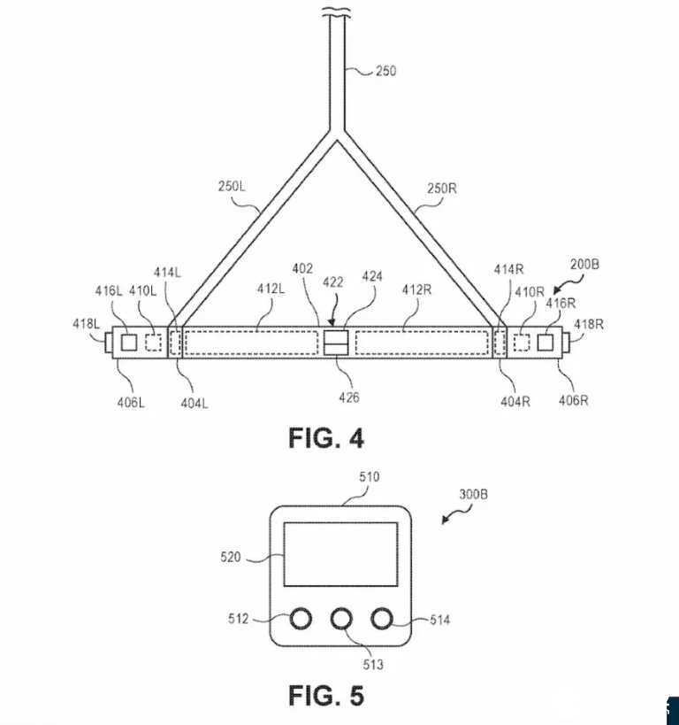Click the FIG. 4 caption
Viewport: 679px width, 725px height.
click(x=325, y=438)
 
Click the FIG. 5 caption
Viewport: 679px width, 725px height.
click(x=325, y=696)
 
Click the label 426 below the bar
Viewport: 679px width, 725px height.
click(x=348, y=397)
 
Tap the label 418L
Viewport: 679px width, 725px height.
click(x=86, y=324)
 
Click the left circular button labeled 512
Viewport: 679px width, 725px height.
click(x=301, y=620)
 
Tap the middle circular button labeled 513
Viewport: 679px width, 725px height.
click(x=341, y=620)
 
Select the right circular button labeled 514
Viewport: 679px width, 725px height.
click(x=382, y=620)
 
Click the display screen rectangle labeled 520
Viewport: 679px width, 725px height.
click(x=340, y=554)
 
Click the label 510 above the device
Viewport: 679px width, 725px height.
click(x=369, y=476)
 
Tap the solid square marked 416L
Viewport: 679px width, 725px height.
click(x=129, y=343)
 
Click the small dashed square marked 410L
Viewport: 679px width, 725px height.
click(x=152, y=343)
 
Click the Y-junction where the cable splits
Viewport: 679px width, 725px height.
click(x=339, y=138)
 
